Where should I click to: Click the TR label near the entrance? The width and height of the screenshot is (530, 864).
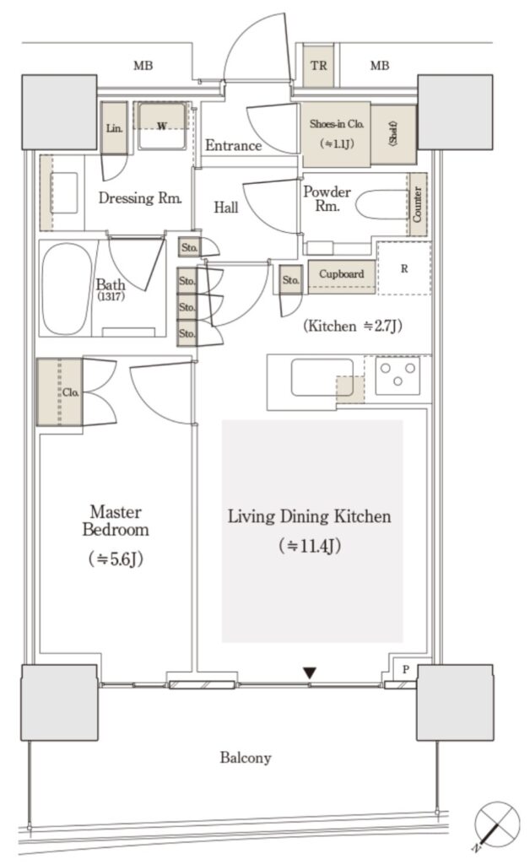[318, 66]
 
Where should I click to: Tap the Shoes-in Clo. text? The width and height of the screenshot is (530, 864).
[336, 124]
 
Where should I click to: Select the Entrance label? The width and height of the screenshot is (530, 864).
[233, 145]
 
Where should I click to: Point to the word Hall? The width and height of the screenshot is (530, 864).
[226, 208]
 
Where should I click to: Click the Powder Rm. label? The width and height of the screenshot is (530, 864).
[327, 199]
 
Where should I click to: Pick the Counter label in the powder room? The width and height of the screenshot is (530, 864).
[417, 204]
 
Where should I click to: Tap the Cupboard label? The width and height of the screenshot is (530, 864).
[341, 274]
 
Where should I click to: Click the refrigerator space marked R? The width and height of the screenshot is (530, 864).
[404, 268]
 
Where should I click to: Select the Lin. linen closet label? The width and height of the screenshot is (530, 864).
[114, 128]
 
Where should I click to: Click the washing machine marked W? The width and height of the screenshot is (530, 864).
[162, 127]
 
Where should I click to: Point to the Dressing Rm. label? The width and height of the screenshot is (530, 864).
[140, 197]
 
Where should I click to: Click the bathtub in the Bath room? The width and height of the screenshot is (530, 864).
[68, 289]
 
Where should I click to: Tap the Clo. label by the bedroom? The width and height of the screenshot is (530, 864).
[70, 392]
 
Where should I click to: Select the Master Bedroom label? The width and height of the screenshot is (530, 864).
[116, 521]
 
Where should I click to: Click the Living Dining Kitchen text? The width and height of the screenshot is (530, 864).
[310, 516]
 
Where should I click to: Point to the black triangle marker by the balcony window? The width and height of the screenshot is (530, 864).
[310, 672]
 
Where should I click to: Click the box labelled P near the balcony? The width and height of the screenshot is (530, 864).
[406, 669]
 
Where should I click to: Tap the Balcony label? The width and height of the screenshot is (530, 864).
[245, 759]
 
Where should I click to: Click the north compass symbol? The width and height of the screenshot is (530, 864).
[496, 823]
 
